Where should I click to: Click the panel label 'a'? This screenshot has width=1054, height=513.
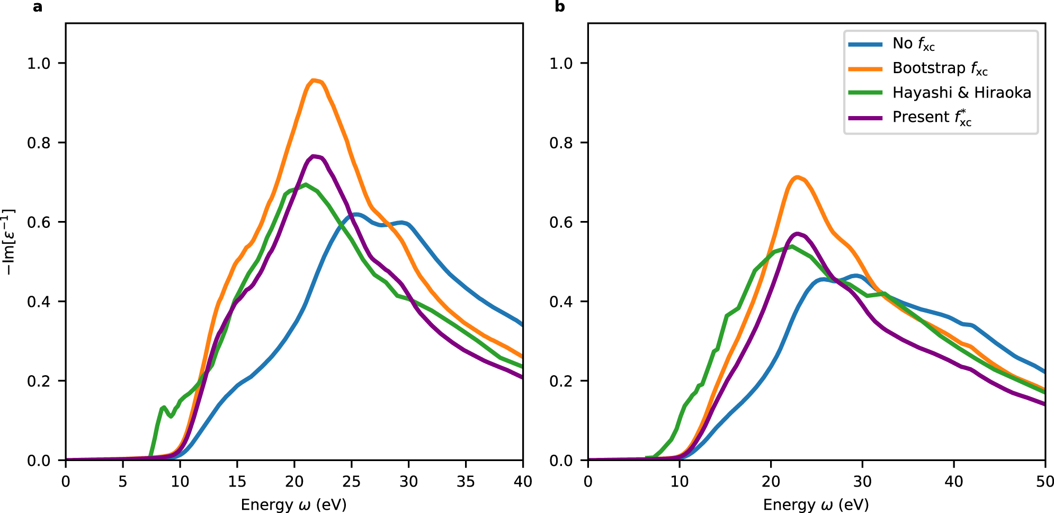(37, 7)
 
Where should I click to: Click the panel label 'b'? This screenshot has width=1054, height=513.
(560, 7)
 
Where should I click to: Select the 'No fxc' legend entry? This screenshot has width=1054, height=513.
(913, 44)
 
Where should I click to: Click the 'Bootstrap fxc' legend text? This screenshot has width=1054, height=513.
(940, 68)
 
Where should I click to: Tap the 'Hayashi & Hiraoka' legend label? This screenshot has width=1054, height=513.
(961, 93)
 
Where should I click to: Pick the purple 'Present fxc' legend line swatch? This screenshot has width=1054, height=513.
(865, 118)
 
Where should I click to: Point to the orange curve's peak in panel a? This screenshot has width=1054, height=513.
(314, 81)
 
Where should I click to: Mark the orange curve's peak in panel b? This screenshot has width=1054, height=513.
(797, 177)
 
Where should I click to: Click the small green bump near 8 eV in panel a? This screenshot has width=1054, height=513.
(164, 407)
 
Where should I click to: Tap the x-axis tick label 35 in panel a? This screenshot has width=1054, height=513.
(466, 481)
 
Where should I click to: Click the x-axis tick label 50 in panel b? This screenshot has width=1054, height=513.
(1044, 481)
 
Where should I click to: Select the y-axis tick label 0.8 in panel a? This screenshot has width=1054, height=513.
(39, 143)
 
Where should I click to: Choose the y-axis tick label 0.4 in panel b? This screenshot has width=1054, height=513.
(561, 302)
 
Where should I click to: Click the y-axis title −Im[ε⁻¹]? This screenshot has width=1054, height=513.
(8, 242)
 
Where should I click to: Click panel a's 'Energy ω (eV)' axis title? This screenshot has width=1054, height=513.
(293, 504)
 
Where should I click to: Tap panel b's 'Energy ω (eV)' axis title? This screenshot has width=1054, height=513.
(816, 504)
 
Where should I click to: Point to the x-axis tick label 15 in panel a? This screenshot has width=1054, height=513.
(237, 481)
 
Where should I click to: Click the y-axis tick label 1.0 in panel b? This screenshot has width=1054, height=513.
(561, 63)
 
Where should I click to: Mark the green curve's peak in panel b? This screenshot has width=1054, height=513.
(791, 246)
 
